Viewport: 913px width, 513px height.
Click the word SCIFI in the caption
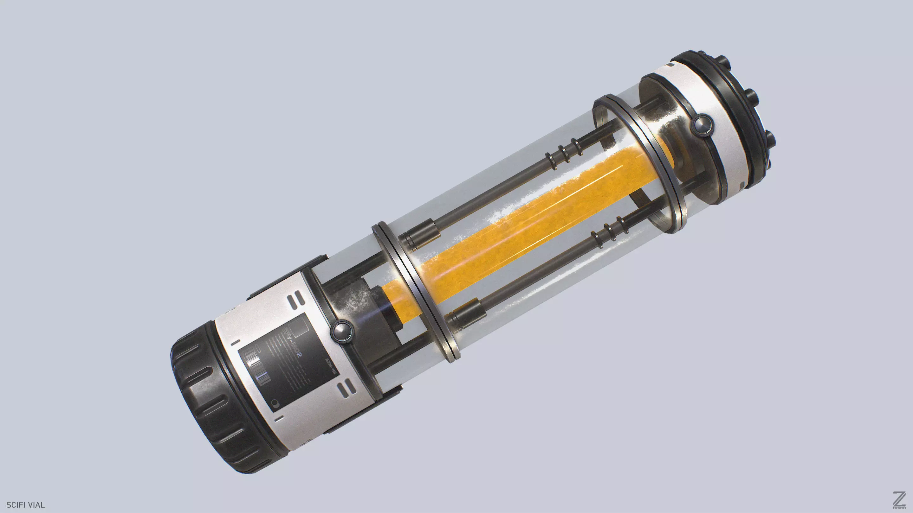coord(15,505)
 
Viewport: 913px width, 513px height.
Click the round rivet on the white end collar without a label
coord(700,125)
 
